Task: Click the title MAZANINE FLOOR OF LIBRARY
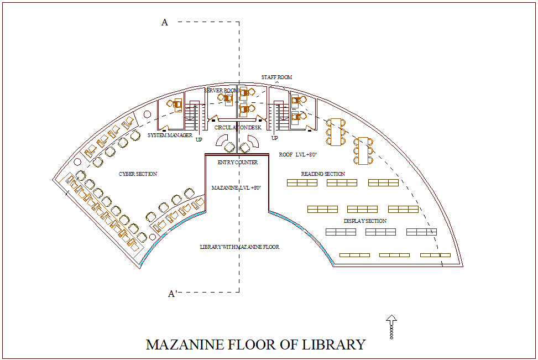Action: (x=255, y=345)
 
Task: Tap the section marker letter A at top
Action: (x=164, y=22)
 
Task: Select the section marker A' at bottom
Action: (x=172, y=294)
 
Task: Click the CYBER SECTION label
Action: (x=138, y=174)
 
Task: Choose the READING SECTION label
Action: (x=323, y=174)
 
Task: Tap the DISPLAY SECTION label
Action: (x=365, y=221)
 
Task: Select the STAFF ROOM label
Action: (x=276, y=77)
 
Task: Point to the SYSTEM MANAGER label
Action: (x=170, y=135)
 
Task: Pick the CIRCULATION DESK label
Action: (x=238, y=128)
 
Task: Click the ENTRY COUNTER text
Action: (x=237, y=163)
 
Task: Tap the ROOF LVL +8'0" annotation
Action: (x=297, y=155)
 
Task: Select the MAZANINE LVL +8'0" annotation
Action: (x=236, y=188)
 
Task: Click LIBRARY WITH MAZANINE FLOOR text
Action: (x=239, y=247)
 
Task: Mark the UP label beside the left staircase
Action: (x=199, y=140)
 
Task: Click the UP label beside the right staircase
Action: (x=274, y=138)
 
